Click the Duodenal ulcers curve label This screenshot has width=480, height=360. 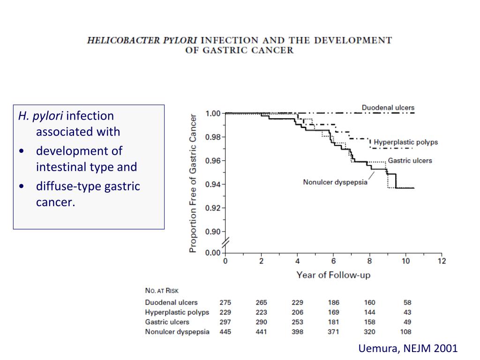(388, 108)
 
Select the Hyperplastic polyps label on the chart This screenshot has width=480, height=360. (405, 142)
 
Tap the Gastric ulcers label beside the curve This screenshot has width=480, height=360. (410, 161)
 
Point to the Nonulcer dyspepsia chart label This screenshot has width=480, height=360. (335, 182)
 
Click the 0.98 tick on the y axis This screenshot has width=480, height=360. (213, 137)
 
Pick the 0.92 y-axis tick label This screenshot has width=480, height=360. (213, 208)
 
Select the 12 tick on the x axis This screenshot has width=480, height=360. (442, 261)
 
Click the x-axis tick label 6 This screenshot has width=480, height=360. (333, 261)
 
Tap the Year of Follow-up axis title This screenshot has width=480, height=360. (333, 275)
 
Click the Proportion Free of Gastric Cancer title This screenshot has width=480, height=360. (193, 183)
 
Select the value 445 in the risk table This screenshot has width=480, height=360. (225, 332)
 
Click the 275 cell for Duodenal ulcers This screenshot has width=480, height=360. (225, 302)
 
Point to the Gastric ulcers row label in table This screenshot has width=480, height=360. (167, 322)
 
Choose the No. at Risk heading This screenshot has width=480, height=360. (162, 291)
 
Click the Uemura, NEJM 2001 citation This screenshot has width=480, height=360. (408, 348)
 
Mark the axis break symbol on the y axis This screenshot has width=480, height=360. (225, 243)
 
